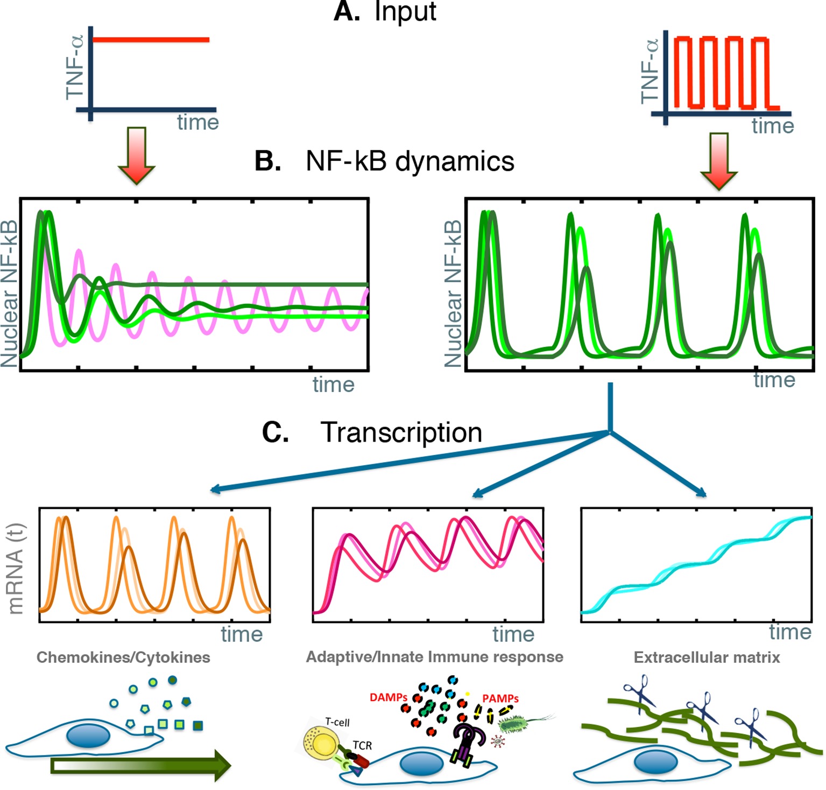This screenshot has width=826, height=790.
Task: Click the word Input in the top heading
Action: click(405, 12)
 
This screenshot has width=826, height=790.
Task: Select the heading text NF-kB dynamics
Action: click(410, 161)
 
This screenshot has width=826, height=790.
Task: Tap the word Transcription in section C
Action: click(401, 432)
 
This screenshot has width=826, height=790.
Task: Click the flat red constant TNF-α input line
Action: click(151, 39)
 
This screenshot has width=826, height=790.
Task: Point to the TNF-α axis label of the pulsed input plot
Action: click(650, 71)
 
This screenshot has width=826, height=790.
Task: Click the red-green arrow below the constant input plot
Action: click(137, 156)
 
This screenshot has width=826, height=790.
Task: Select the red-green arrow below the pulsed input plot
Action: click(719, 161)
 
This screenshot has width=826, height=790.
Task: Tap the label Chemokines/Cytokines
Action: click(123, 658)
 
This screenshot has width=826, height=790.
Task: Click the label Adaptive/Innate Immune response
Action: click(434, 657)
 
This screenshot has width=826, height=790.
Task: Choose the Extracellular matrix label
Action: click(707, 658)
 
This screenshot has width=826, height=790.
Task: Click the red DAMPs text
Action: click(388, 697)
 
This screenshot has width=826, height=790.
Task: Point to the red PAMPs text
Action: click(500, 698)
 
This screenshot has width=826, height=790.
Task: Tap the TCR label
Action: click(362, 745)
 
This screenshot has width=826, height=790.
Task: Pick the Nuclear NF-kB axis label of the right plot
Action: click(453, 293)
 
